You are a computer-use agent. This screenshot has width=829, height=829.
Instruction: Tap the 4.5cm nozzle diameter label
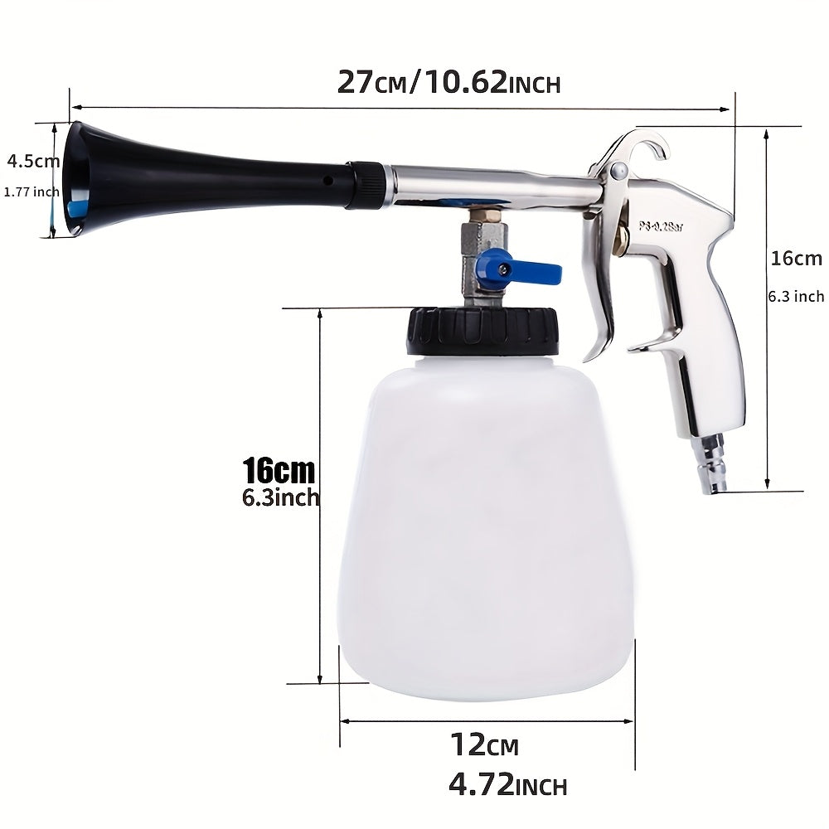33,160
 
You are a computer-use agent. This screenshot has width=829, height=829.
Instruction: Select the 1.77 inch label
32,192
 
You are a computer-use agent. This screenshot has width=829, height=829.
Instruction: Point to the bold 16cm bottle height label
279,472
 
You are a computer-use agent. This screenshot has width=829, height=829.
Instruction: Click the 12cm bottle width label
484,745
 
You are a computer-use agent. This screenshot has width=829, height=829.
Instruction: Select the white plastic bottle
486,531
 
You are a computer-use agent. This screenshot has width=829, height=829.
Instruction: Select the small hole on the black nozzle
328,181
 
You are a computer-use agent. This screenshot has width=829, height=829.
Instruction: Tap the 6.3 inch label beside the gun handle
797,296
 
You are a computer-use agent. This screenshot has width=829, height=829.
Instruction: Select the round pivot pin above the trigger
619,171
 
